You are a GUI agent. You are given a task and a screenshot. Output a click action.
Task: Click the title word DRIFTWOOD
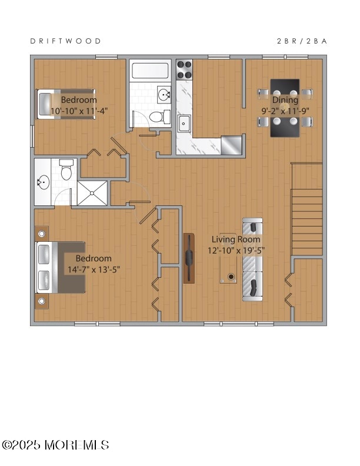click(65, 41)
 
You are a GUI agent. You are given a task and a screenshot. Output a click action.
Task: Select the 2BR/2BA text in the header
click(302, 41)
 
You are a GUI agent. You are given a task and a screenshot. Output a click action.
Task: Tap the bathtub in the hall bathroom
click(151, 72)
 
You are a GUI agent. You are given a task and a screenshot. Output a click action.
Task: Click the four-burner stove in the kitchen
click(185, 69)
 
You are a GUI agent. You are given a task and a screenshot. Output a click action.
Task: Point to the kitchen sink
click(185, 122)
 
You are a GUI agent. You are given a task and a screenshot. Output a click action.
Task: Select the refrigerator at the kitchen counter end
click(232, 144)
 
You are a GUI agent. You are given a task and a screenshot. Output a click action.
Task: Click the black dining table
click(285, 108)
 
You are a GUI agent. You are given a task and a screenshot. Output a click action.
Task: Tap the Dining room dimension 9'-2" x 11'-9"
click(285, 110)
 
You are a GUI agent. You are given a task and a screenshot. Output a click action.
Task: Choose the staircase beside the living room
click(307, 209)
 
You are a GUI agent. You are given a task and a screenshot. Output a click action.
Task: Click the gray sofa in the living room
click(252, 259)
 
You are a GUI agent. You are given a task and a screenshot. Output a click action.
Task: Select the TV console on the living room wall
click(189, 258)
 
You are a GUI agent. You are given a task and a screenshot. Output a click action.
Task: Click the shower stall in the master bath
click(93, 192)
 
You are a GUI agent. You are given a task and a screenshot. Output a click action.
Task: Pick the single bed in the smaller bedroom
click(65, 105)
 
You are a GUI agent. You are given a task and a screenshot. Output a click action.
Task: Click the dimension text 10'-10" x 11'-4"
click(79, 110)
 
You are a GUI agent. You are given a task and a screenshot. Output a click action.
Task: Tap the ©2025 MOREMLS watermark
click(55, 445)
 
